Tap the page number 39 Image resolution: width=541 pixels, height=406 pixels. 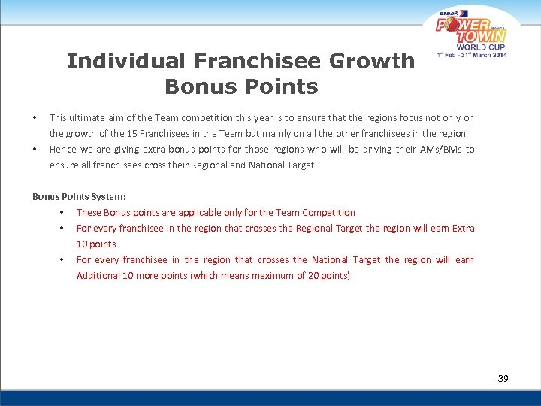point(503,378)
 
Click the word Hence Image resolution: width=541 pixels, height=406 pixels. point(62,149)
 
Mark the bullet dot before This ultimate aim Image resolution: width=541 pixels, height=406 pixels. point(35,118)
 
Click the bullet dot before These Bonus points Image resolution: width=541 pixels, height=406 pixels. point(61,213)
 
